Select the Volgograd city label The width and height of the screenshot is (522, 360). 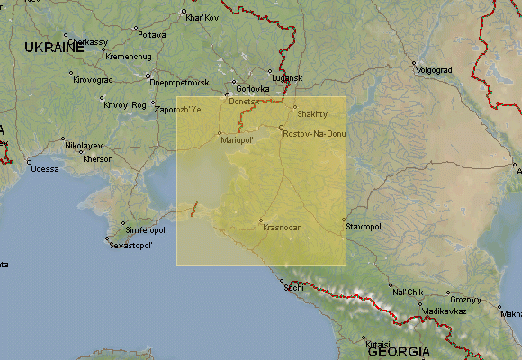pos(438,68)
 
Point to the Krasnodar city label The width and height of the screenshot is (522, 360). pos(282,227)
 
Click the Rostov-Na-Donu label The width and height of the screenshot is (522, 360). pos(314,134)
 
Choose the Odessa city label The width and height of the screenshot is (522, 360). pos(44,168)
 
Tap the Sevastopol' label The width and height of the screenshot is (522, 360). pos(131,245)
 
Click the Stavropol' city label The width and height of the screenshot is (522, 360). pos(364,227)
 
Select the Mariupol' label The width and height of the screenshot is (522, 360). pos(237,140)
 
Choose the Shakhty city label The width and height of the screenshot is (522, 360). pos(312,114)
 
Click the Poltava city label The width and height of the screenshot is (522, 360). pos(152,34)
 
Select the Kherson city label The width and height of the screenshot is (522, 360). pos(97,159)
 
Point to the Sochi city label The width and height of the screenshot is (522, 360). pos(293,288)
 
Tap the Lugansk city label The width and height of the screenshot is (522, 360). pos(288,78)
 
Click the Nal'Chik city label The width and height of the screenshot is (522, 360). pos(408,292)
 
